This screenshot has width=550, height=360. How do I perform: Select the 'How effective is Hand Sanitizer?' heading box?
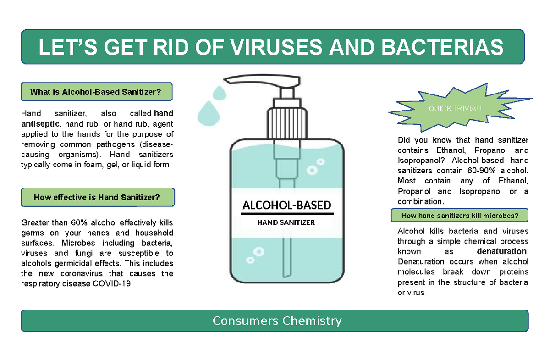(x=97, y=198)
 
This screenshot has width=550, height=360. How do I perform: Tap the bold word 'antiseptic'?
(x=40, y=123)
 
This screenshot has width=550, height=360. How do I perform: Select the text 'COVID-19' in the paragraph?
(x=117, y=284)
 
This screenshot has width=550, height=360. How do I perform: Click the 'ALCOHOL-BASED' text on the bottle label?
(x=286, y=205)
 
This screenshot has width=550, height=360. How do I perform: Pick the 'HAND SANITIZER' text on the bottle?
(x=286, y=223)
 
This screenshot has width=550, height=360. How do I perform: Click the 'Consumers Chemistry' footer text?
(x=277, y=321)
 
